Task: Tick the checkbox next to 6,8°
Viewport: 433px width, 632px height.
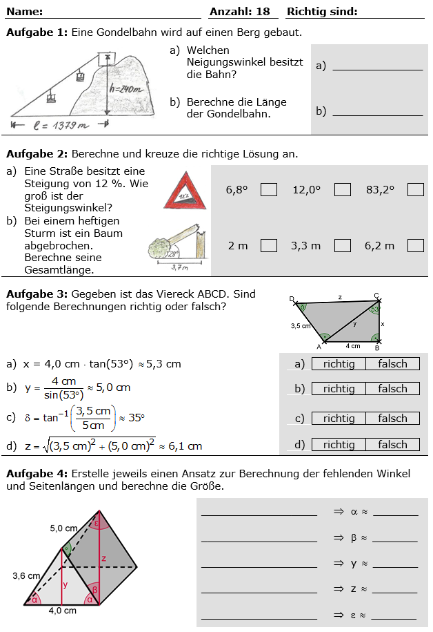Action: click(x=269, y=189)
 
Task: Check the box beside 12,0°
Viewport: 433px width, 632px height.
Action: click(x=343, y=189)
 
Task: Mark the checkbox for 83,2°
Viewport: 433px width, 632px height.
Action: click(x=415, y=189)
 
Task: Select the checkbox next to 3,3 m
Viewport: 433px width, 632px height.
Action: click(x=343, y=245)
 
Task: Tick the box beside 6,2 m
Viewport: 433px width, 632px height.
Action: click(x=415, y=245)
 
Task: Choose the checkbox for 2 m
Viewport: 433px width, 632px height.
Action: click(x=269, y=245)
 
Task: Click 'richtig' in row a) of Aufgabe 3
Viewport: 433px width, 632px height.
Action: click(x=339, y=364)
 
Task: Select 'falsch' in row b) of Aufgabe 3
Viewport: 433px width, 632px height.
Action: click(x=392, y=389)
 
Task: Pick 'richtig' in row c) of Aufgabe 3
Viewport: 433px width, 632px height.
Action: click(x=339, y=419)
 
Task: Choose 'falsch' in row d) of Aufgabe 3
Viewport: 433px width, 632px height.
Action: click(x=392, y=445)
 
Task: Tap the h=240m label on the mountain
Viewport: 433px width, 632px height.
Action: click(x=126, y=88)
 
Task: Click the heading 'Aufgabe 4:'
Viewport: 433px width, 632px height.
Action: click(x=37, y=474)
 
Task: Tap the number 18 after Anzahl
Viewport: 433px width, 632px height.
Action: click(x=263, y=12)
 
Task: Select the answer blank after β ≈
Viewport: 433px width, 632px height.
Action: click(x=394, y=538)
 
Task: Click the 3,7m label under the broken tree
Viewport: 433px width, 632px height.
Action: click(x=180, y=267)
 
